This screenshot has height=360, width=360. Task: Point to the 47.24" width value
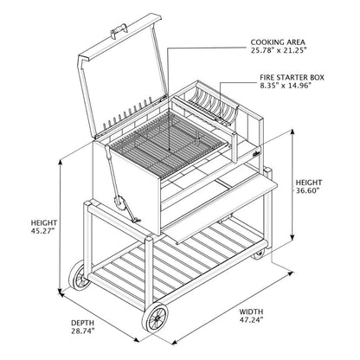click(x=253, y=320)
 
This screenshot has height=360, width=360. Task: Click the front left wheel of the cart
click(x=80, y=278)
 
